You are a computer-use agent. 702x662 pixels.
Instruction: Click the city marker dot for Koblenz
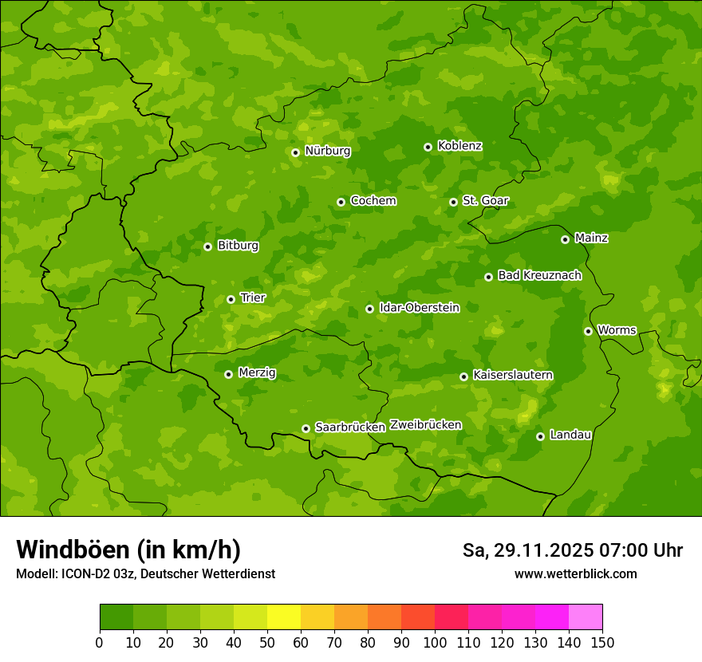point(428,147)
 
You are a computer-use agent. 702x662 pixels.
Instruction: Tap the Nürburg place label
point(327,151)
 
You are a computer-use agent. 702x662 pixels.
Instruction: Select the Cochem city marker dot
point(341,202)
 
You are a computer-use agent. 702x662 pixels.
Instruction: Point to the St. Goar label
point(485,201)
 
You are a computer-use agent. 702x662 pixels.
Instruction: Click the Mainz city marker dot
point(566,239)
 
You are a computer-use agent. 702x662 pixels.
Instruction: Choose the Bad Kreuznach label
point(539,276)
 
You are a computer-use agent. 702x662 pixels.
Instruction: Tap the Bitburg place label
point(238,246)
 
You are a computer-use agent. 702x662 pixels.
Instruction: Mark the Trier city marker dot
point(231,300)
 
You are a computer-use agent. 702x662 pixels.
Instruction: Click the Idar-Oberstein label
point(419,308)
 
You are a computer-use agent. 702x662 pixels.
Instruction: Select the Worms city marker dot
point(589,331)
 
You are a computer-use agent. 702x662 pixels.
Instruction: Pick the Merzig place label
point(258,373)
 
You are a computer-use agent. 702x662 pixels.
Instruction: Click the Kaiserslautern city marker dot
point(464,376)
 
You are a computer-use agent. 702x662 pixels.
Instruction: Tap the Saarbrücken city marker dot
point(306,428)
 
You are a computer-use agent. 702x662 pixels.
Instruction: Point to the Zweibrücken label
point(425,425)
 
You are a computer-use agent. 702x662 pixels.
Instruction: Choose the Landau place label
point(570,435)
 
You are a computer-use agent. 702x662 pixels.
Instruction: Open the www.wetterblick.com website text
point(575,574)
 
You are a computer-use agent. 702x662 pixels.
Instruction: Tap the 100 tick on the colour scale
point(435,642)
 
